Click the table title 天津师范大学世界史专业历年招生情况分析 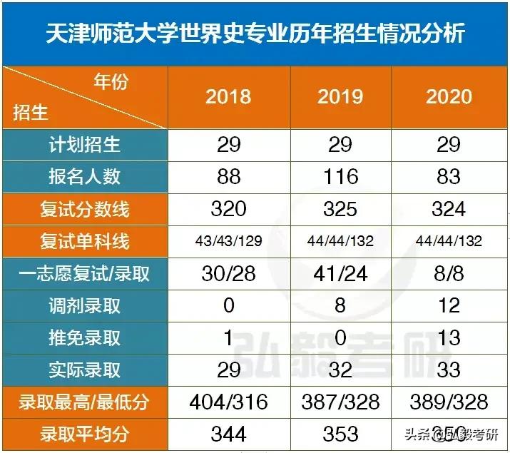pos(255,34)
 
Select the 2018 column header pos(228,96)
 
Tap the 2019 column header pos(340,96)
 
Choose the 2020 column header pos(449,96)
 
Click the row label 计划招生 pos(85,145)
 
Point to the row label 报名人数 pos(85,176)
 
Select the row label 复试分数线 pos(85,209)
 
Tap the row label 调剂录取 pos(85,305)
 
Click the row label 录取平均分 pos(85,433)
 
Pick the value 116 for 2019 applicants pos(340,176)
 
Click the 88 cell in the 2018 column pos(228,176)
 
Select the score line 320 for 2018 pos(228,208)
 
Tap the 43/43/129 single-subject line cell pos(228,241)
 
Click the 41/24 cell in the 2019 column pos(340,273)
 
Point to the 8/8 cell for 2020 pos(449,273)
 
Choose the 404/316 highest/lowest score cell pos(228,401)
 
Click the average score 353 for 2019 pos(340,433)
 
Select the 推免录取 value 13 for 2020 pos(449,337)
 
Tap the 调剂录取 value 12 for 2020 pos(449,305)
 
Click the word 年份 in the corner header pos(111,82)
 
